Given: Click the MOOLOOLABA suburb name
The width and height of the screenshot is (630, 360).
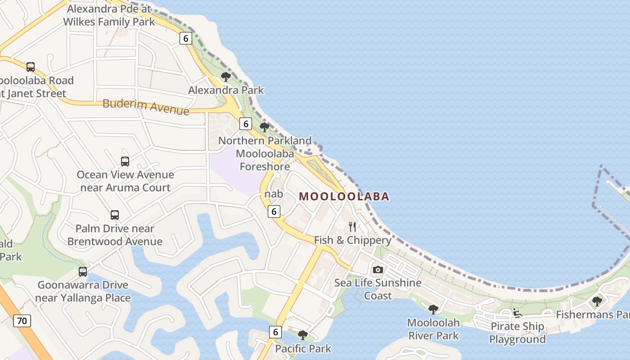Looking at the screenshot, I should [344, 196].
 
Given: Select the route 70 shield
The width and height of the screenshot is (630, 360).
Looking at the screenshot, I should [22, 321].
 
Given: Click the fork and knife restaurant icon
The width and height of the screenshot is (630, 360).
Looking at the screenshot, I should [352, 226].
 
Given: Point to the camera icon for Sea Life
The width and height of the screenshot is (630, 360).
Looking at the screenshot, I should [378, 270].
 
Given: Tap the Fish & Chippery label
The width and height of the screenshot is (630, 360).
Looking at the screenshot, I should [352, 240].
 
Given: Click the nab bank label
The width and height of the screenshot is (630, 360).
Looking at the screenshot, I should [274, 194].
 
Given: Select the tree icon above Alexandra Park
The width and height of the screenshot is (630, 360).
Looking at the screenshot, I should [226, 77].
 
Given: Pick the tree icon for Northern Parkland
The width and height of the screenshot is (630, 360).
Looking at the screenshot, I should [265, 127].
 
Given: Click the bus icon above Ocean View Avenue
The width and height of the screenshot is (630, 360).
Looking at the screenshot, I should [125, 161].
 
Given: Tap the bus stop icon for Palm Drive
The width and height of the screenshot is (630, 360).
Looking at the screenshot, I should [115, 215].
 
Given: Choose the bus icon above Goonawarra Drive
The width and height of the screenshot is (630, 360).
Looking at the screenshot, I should [83, 271].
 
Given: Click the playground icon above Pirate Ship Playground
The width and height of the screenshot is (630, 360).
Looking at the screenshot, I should [517, 313].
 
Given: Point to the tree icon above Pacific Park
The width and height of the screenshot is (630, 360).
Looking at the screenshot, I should [303, 335].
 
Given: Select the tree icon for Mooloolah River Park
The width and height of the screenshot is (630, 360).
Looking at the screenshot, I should [433, 309].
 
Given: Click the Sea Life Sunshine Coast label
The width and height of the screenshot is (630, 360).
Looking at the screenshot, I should [378, 289].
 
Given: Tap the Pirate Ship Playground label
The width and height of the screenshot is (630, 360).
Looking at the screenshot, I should [517, 333].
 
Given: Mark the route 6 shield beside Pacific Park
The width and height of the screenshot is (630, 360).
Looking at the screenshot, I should [275, 332].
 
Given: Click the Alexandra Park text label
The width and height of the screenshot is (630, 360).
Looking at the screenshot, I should [226, 90].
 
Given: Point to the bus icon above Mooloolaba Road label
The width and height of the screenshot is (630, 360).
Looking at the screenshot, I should [31, 67].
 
